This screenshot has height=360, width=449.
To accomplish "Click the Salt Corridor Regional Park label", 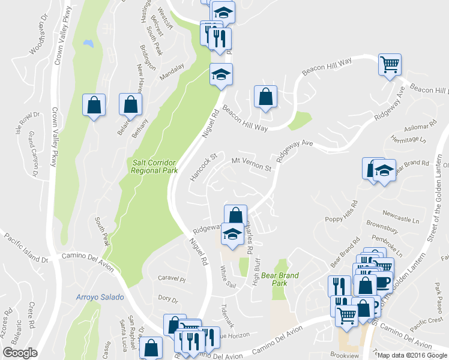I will click(x=155, y=166).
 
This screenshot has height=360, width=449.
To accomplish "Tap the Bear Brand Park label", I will click(x=280, y=279).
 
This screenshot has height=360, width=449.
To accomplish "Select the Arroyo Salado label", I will click(x=100, y=297).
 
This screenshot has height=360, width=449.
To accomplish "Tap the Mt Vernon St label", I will click(x=252, y=164).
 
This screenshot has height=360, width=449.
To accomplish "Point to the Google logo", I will click(x=20, y=353).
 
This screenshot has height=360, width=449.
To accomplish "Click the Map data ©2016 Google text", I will click(x=412, y=355).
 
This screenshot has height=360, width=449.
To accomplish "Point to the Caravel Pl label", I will click(x=172, y=279).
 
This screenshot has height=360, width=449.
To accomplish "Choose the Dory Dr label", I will click(x=169, y=299).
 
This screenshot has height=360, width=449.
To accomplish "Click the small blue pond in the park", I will click(x=89, y=44).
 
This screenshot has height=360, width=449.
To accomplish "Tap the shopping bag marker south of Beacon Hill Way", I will click(x=265, y=96).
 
